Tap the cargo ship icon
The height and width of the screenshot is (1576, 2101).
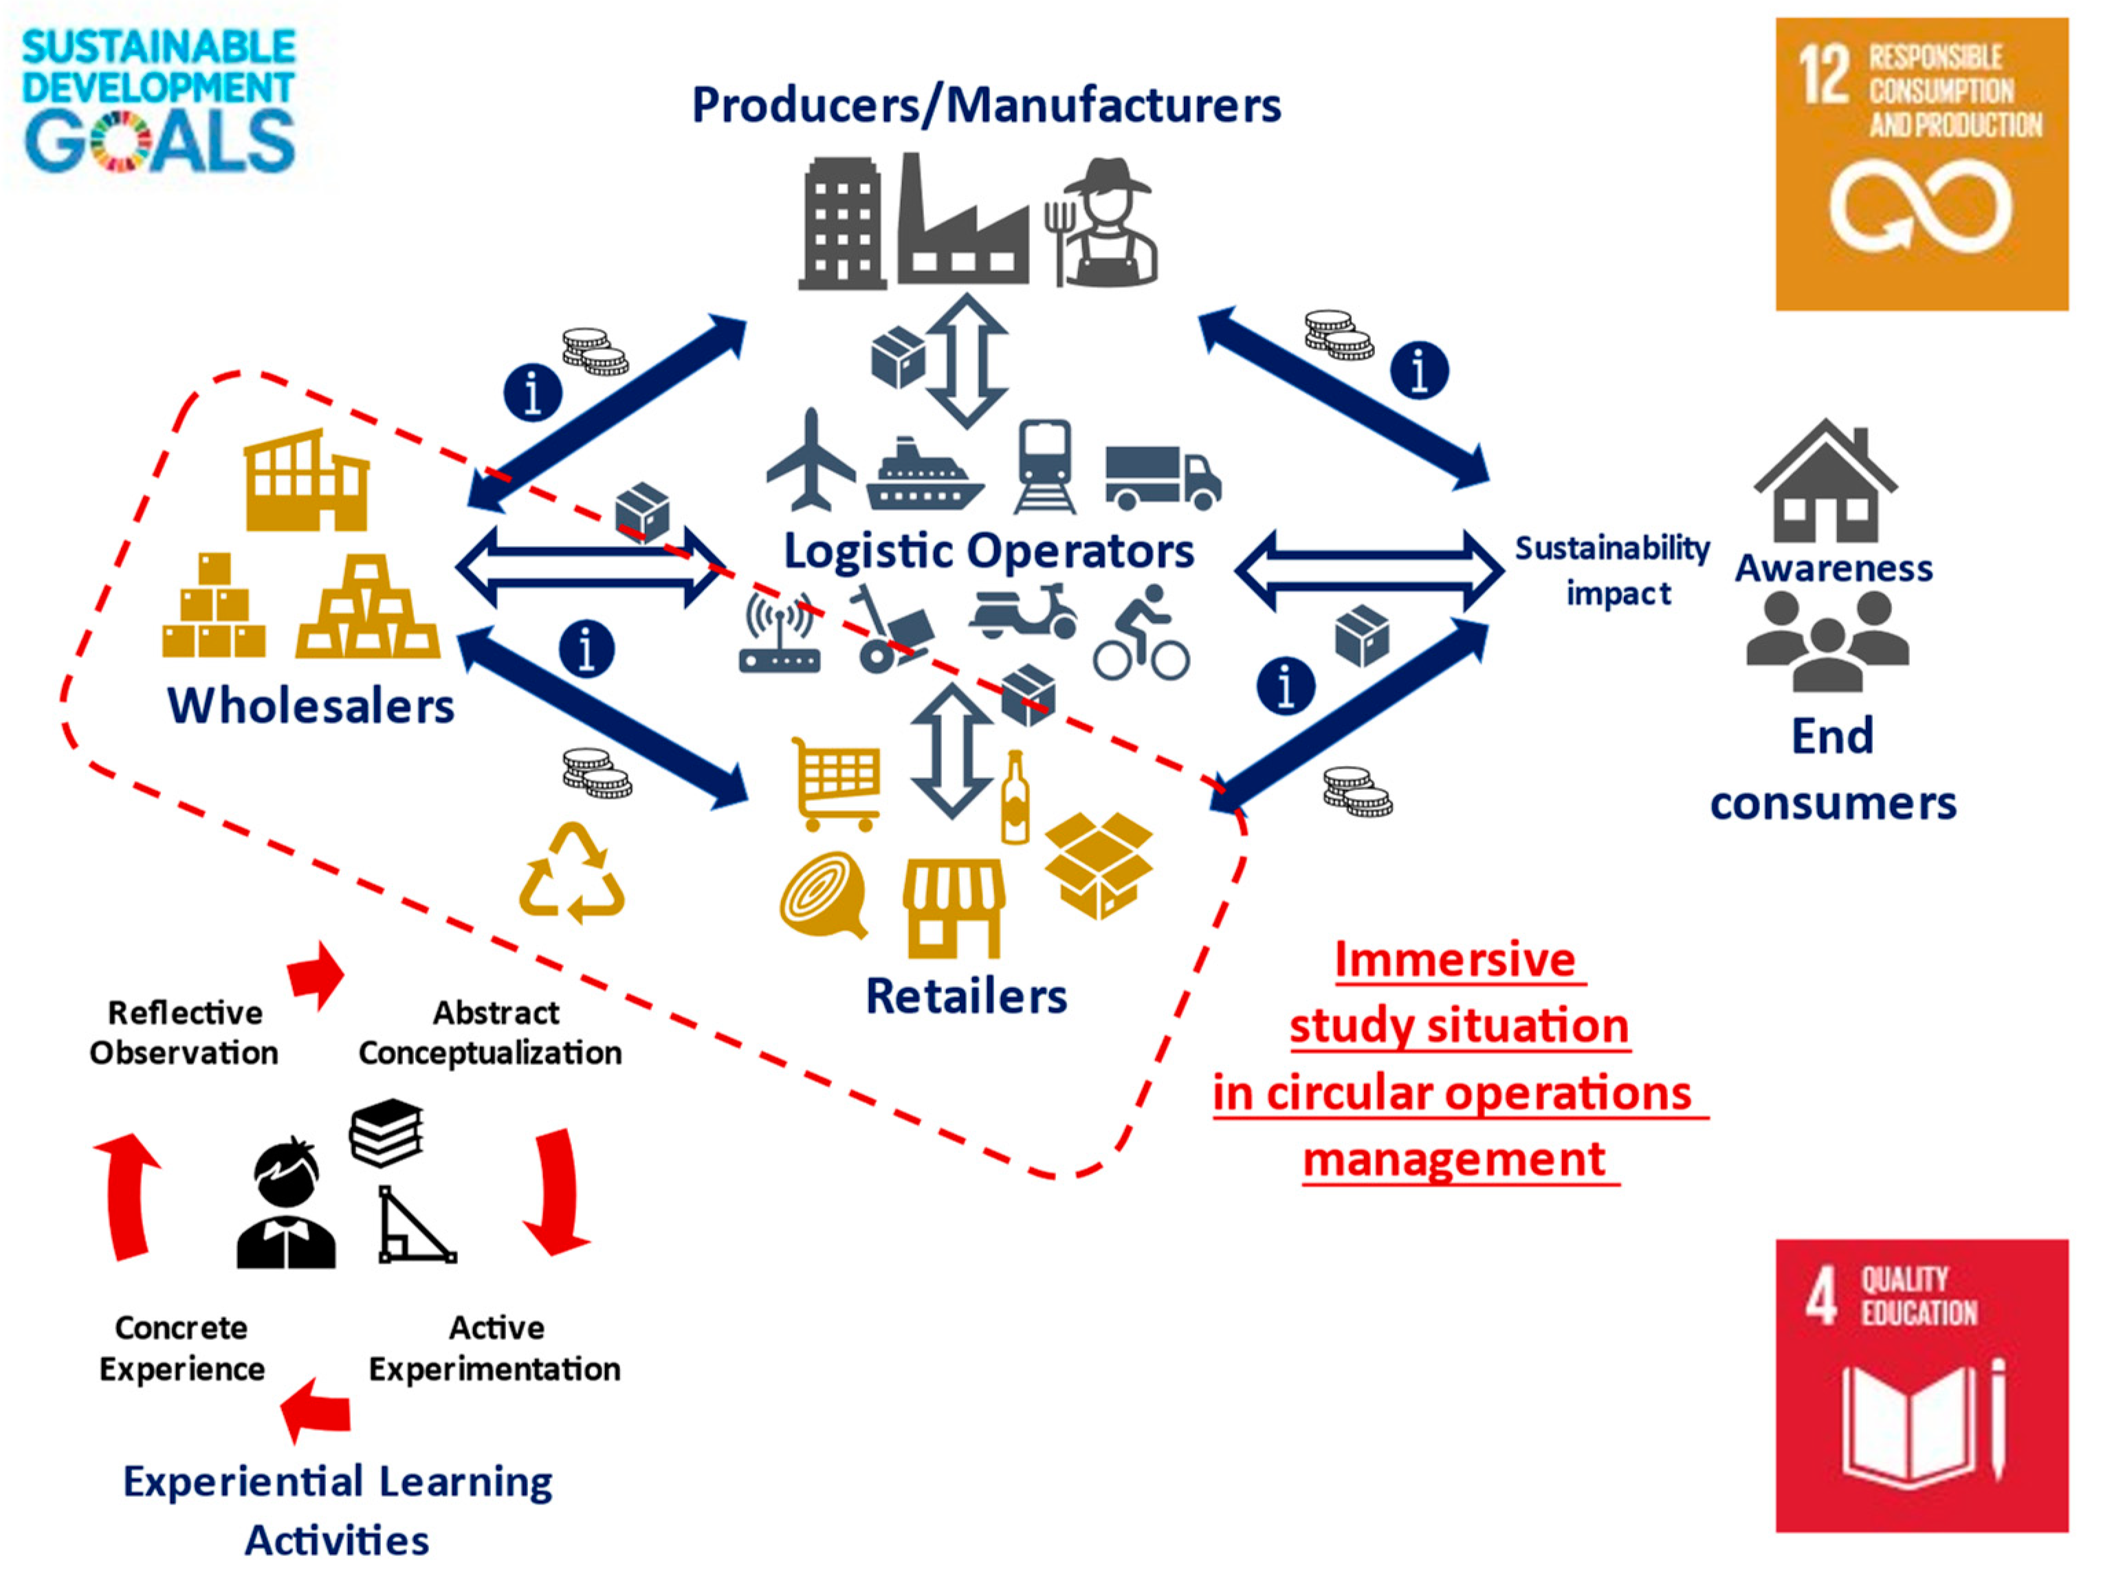(x=923, y=477)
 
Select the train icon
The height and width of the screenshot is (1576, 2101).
(x=1045, y=466)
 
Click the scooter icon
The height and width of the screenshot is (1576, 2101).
(x=1024, y=613)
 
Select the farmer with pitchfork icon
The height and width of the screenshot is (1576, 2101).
(x=1102, y=224)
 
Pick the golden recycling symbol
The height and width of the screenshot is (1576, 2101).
(x=572, y=874)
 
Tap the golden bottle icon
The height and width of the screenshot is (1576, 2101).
(x=1015, y=799)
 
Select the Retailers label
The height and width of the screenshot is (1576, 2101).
(x=966, y=996)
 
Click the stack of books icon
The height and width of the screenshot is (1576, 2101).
(x=386, y=1132)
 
